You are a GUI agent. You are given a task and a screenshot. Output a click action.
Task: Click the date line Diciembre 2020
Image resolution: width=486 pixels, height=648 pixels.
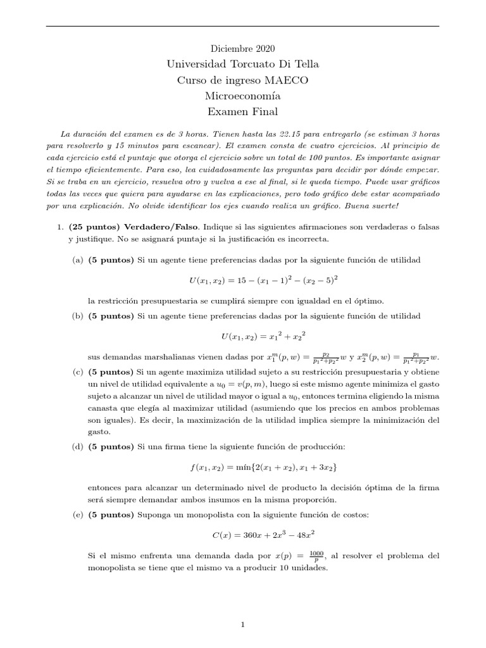(242, 49)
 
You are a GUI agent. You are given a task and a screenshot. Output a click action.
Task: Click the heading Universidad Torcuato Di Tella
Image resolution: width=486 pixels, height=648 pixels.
(242, 65)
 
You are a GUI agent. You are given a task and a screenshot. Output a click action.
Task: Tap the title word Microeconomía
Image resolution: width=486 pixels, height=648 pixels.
(242, 96)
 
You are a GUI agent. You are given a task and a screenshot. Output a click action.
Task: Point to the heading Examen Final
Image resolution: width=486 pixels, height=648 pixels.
(242, 112)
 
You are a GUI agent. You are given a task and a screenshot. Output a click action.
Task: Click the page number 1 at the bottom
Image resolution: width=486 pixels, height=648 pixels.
(243, 625)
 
